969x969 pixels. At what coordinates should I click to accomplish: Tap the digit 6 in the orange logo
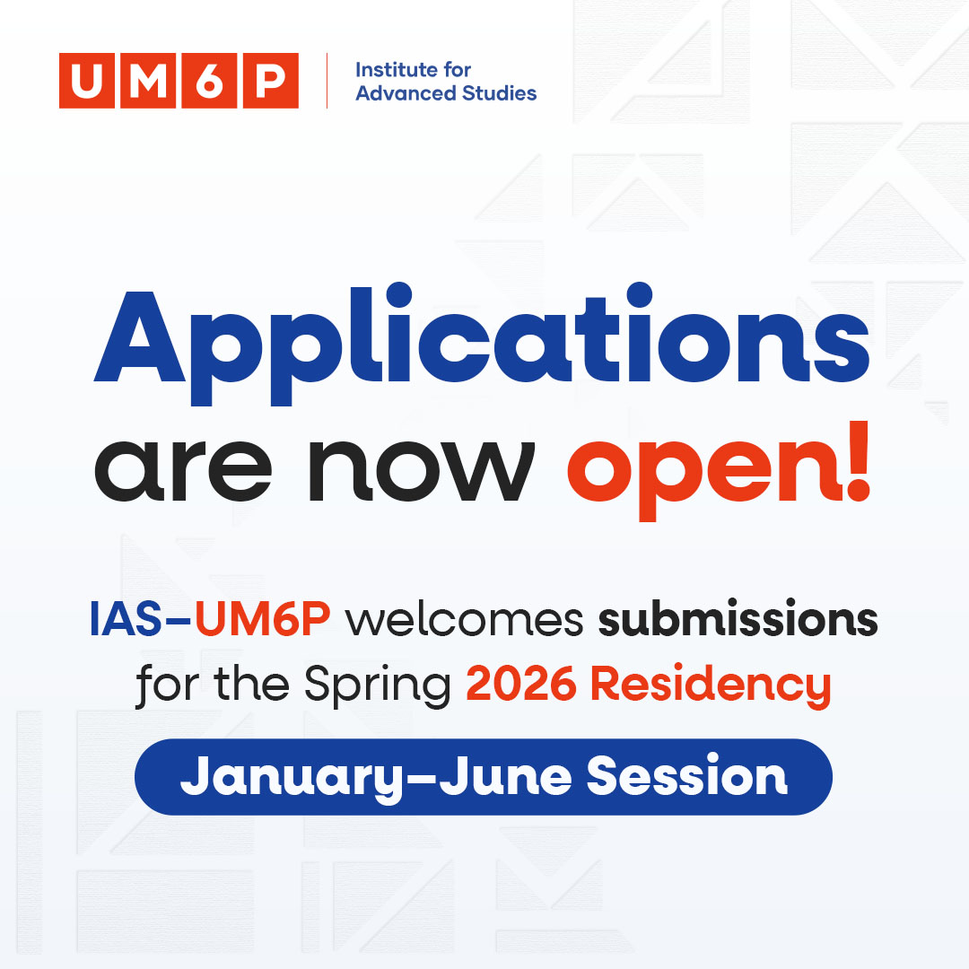[x=209, y=81]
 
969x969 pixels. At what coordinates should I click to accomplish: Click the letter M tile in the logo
[x=148, y=81]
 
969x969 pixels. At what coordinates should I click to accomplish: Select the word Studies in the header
[x=501, y=92]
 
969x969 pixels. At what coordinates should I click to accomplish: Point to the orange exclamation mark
[x=856, y=462]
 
